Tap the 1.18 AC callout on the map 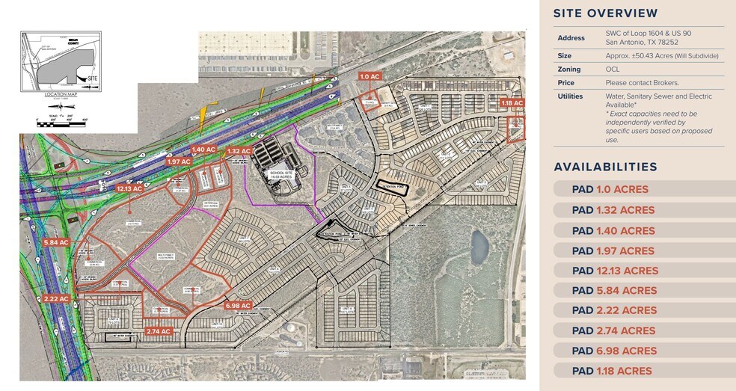pyautogui.click(x=512, y=103)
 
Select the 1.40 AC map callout pyautogui.click(x=203, y=150)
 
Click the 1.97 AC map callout pyautogui.click(x=180, y=161)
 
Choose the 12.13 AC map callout pyautogui.click(x=132, y=188)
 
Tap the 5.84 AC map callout pyautogui.click(x=56, y=242)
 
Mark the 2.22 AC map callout pyautogui.click(x=56, y=298)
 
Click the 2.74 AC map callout pyautogui.click(x=159, y=331)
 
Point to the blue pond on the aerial pyautogui.click(x=477, y=244)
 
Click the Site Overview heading pyautogui.click(x=606, y=13)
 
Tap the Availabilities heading pyautogui.click(x=605, y=167)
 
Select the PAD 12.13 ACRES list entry pyautogui.click(x=615, y=271)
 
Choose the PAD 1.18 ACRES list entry pyautogui.click(x=611, y=371)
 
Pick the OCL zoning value pyautogui.click(x=613, y=69)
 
